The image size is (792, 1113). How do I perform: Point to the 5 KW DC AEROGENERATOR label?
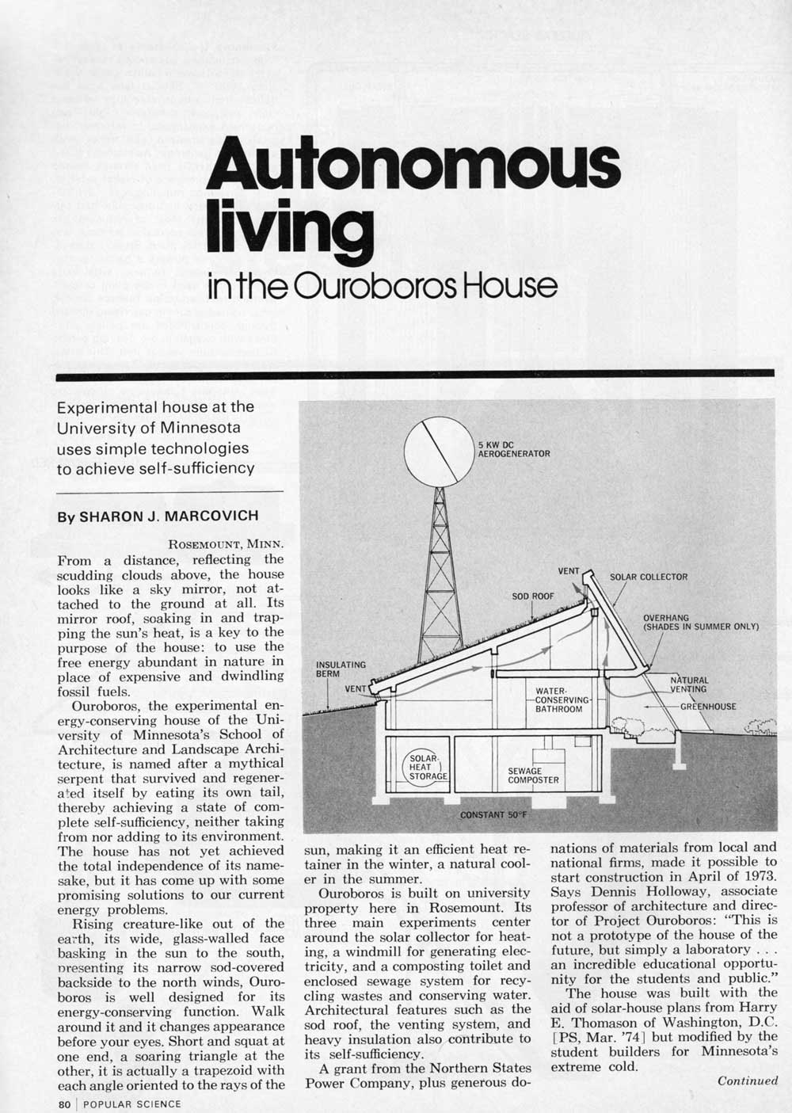[514, 449]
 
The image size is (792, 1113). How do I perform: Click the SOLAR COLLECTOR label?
[648, 577]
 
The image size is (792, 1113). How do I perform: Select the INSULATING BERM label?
[341, 669]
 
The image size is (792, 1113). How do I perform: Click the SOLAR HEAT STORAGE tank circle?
[427, 767]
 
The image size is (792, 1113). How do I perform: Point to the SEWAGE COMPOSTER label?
[533, 775]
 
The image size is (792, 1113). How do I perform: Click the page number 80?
[65, 1103]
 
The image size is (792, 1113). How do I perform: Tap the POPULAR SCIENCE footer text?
[132, 1103]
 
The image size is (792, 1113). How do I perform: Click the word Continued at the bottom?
[748, 1081]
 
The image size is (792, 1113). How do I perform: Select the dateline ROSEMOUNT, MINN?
[227, 544]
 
